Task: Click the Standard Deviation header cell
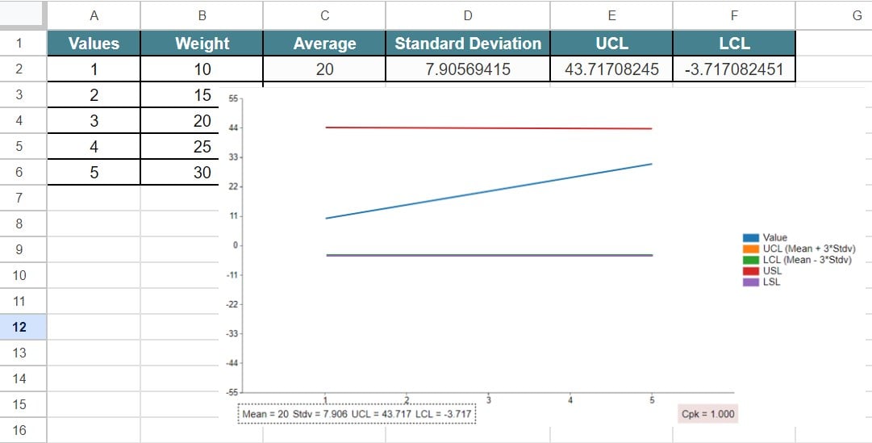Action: (468, 44)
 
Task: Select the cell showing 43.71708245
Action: (611, 69)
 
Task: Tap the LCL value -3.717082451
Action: (733, 69)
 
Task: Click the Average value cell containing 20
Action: (324, 69)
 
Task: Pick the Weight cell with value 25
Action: (202, 147)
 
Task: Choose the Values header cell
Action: (94, 44)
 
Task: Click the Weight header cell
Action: (202, 44)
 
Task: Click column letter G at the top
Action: (856, 15)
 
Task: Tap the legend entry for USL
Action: (772, 271)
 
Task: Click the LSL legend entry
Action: (771, 282)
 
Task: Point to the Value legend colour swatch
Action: (751, 238)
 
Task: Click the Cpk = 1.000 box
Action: (708, 414)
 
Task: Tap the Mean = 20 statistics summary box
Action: (357, 414)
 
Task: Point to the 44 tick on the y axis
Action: (234, 128)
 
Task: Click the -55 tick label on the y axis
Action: (232, 392)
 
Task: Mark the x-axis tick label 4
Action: (570, 399)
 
